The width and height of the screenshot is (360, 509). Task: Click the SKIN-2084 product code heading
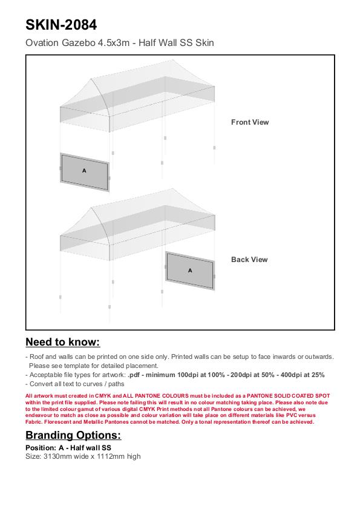(61, 25)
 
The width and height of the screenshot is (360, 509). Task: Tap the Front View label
(250, 122)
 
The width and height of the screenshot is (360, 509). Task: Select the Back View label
(249, 260)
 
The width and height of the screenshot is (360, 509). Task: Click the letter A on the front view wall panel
(84, 171)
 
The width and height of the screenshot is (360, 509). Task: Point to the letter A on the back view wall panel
(190, 270)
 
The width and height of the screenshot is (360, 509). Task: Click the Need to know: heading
(63, 342)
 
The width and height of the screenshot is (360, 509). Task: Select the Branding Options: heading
(73, 435)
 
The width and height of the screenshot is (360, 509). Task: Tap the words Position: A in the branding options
(45, 448)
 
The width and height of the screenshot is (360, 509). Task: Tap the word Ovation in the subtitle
(42, 42)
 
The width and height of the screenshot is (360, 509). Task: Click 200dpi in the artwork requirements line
(241, 375)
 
